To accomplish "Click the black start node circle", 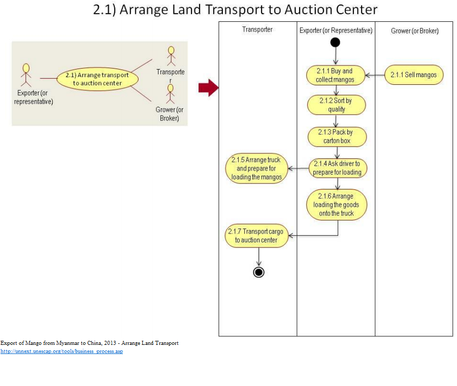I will pos(335,42).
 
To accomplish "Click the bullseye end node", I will pos(259,272).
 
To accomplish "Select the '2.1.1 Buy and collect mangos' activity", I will pos(335,76).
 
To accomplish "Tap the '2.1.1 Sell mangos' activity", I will pos(414,75).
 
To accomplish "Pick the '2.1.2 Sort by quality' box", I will pos(336,105).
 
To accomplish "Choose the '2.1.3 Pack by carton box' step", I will pos(337,136).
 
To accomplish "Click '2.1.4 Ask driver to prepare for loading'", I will pos(337,168).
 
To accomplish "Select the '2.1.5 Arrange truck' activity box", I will pos(256,169).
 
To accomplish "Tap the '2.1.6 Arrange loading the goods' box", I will pos(336,205).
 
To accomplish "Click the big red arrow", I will pos(208,88).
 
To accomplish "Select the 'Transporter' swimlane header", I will pos(257,29).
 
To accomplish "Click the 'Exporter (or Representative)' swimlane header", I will pos(336,30).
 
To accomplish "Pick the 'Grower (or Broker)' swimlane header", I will pos(414,30).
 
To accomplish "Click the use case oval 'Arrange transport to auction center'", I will pos(97,79).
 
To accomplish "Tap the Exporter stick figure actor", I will pos(26,75).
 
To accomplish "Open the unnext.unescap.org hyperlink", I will pos(61,351).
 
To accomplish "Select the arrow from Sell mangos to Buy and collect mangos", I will pos(375,76).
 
